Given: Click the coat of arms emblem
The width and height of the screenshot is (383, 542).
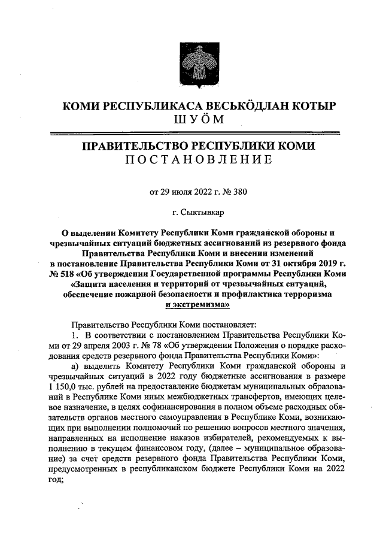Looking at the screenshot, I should [191, 62].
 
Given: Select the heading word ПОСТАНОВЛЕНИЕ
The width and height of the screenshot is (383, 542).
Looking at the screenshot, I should [191, 159].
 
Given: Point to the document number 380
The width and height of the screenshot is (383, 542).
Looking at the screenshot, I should [239, 192].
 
